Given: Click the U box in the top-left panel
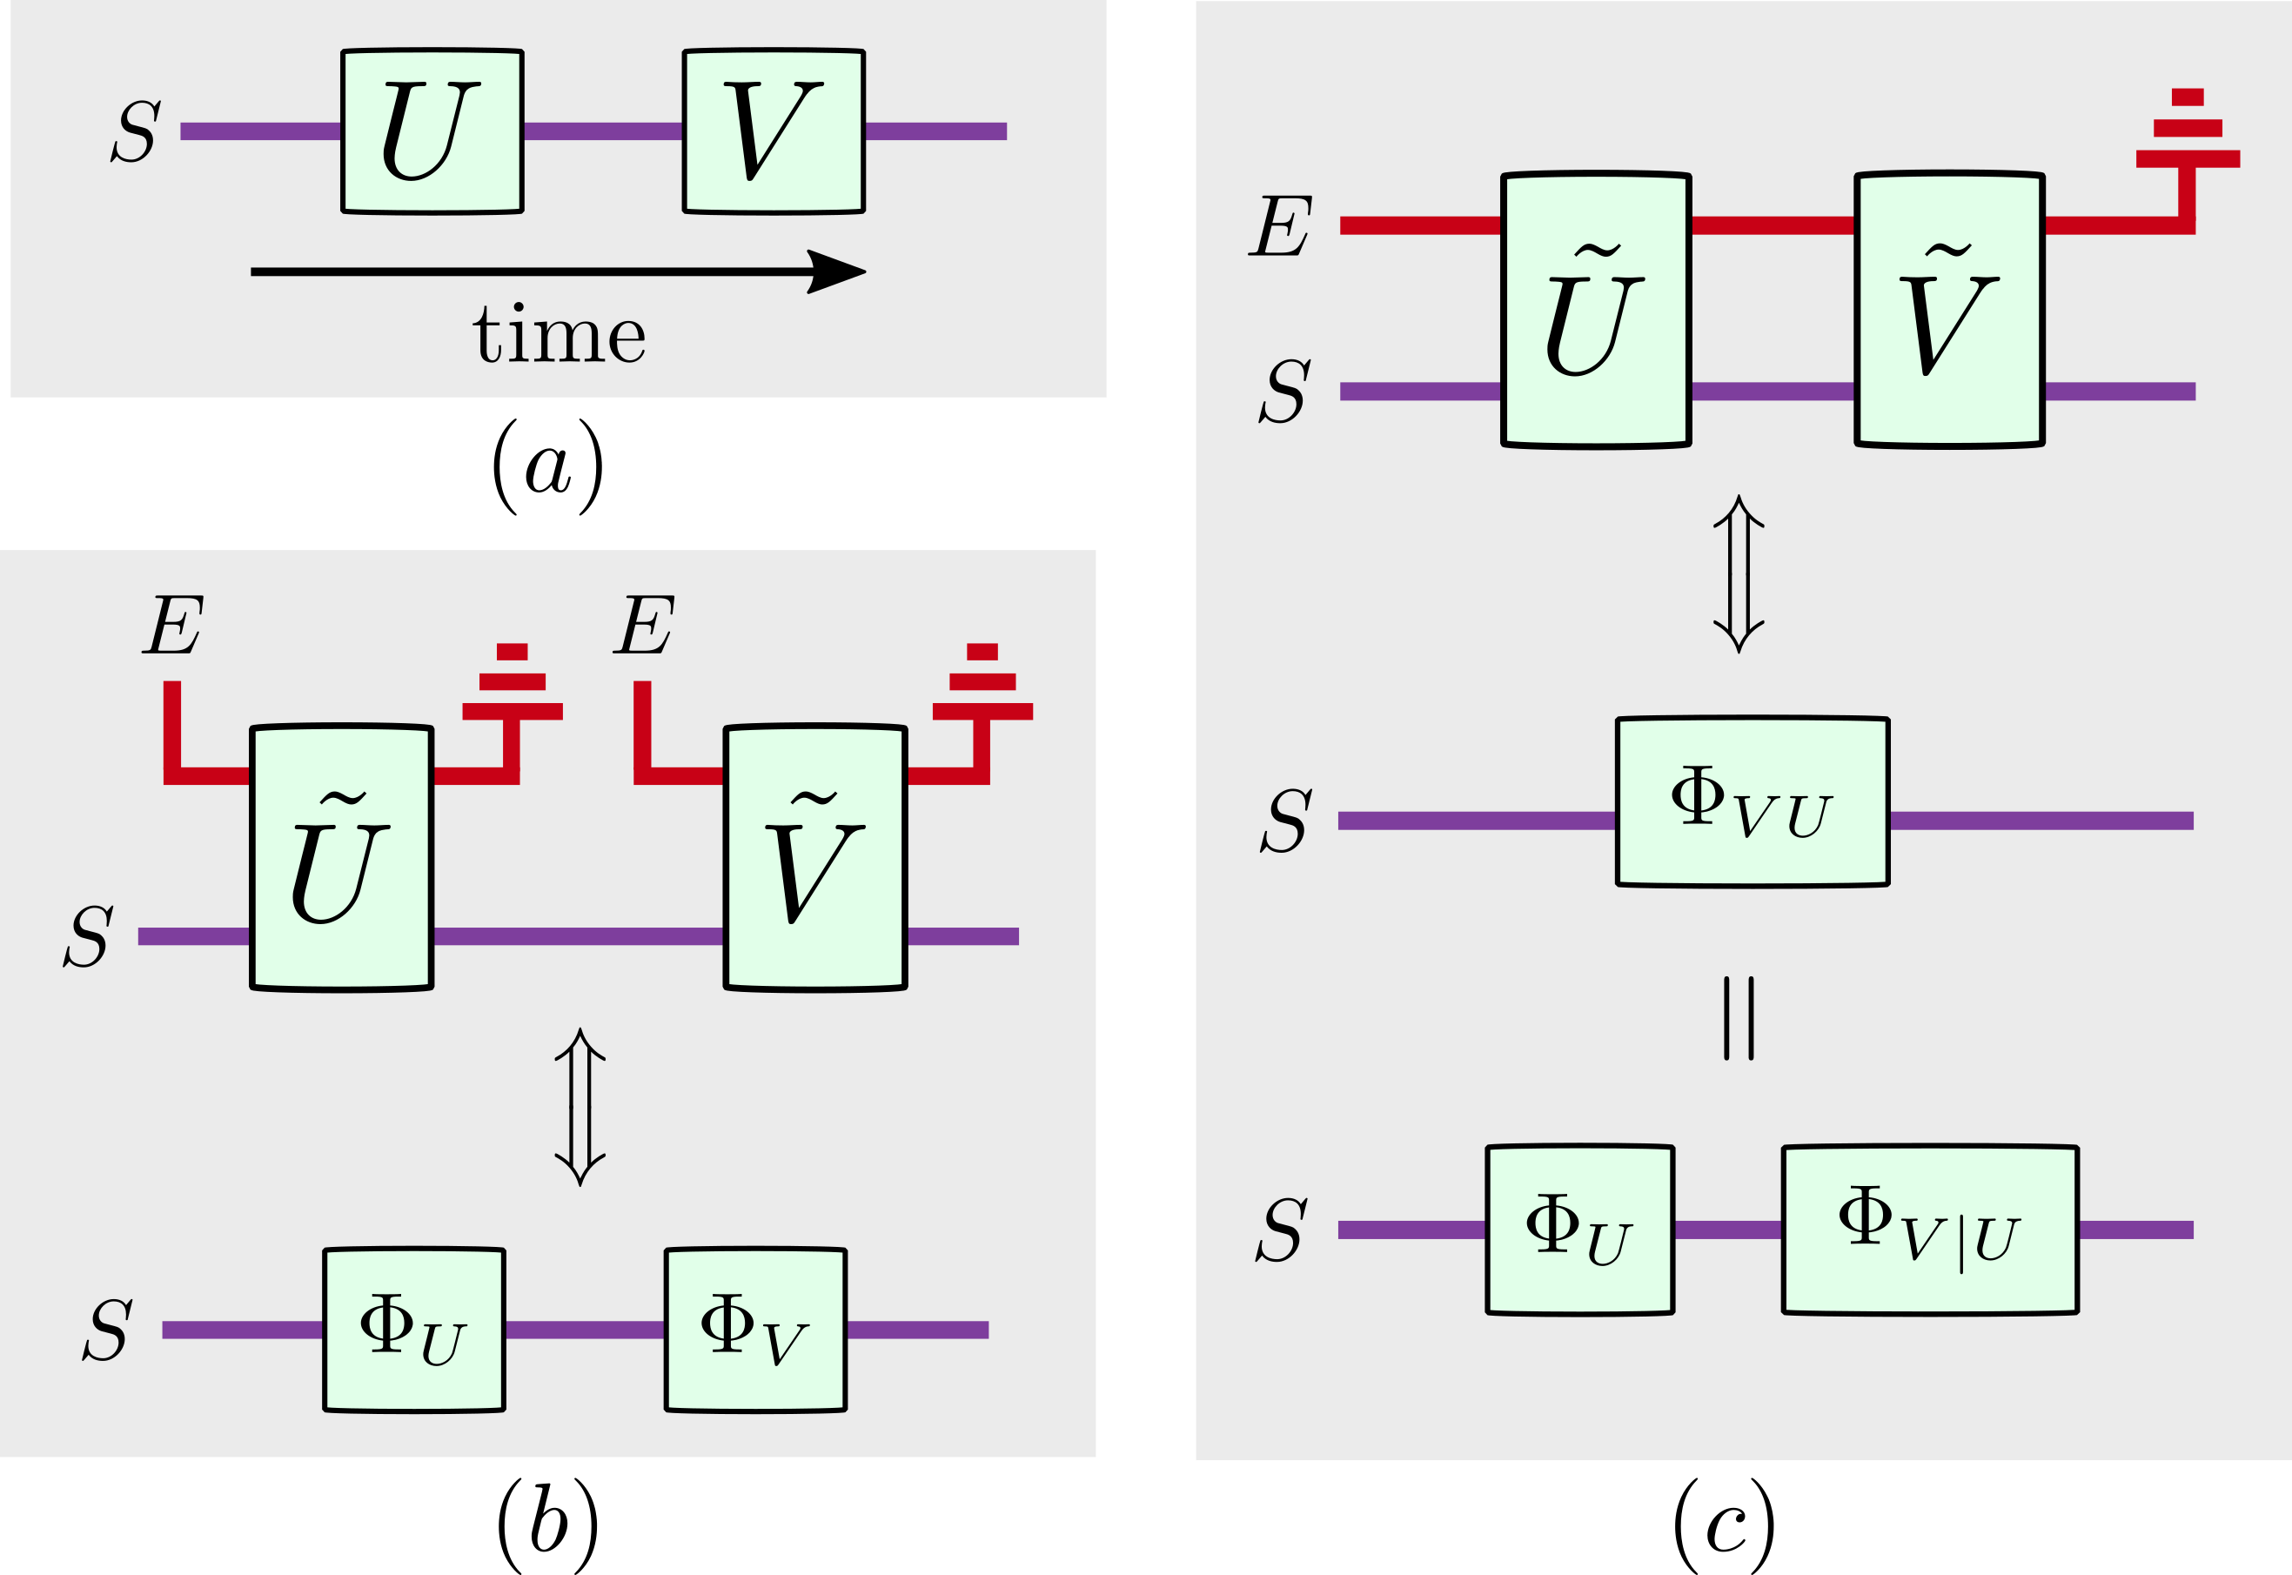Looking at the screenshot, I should point(432,131).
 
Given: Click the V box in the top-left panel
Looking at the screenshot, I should point(774,131).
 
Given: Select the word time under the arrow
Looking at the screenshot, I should point(559,336).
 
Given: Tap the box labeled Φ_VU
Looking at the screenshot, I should point(1752,801).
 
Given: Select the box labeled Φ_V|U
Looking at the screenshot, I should point(1929,1230).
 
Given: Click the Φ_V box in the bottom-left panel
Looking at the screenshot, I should point(754,1330).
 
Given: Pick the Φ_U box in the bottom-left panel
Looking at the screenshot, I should point(413,1330).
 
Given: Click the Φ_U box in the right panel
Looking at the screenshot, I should point(1578,1230).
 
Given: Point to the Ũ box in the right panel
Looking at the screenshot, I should point(1595,310).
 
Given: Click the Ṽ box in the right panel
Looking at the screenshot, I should point(1948,310).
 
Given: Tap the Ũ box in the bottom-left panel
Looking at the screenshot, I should point(341,858).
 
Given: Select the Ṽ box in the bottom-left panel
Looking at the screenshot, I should point(815,858).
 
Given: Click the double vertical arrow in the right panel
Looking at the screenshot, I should point(1739,573).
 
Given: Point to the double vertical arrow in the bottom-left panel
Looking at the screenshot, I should point(580,1106).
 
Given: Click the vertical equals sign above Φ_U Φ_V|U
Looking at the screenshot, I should point(1739,1018).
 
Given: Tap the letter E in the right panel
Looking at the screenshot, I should point(1281,227).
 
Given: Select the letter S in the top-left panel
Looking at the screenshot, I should point(135,132).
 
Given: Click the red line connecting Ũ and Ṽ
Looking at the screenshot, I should point(1772,225).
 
